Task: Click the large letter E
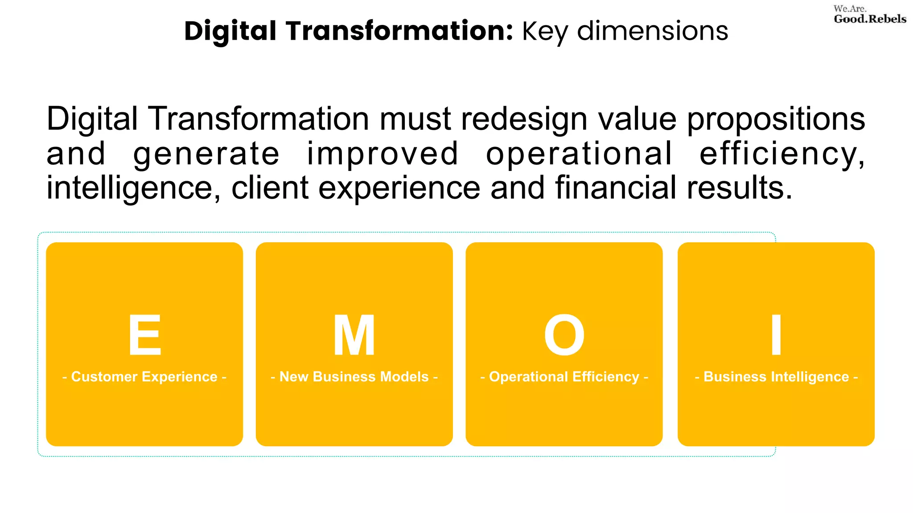pyautogui.click(x=144, y=335)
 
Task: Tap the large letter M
pyautogui.click(x=354, y=335)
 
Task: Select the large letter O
pyautogui.click(x=564, y=335)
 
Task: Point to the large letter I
pyautogui.click(x=776, y=335)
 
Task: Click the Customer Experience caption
pyautogui.click(x=144, y=377)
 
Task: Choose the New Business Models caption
pyautogui.click(x=354, y=377)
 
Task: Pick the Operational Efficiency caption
pyautogui.click(x=564, y=377)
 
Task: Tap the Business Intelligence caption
pyautogui.click(x=776, y=377)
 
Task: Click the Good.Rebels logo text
pyautogui.click(x=870, y=19)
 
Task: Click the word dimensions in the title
pyautogui.click(x=652, y=31)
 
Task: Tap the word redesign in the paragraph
pyautogui.click(x=524, y=120)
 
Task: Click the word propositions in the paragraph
pyautogui.click(x=776, y=120)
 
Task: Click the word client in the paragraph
pyautogui.click(x=270, y=188)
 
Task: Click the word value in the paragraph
pyautogui.click(x=637, y=119)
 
